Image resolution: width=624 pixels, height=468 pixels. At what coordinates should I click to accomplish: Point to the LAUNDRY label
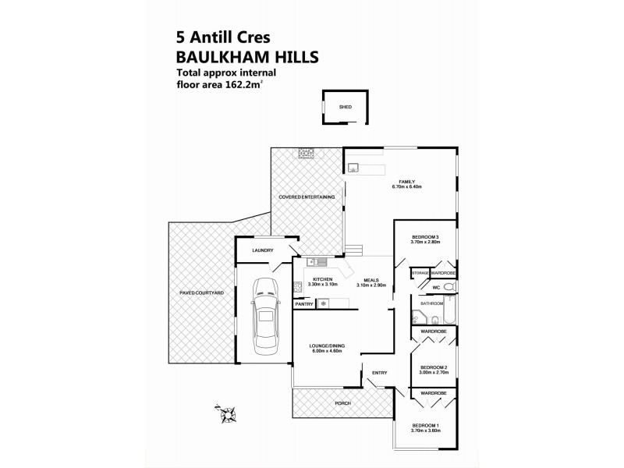[x=262, y=250]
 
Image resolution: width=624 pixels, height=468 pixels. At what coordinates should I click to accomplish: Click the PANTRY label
[x=303, y=304]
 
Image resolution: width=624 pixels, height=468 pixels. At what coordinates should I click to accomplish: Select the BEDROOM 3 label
[x=426, y=237]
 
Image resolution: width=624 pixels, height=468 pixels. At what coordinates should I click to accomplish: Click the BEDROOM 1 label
[x=426, y=424]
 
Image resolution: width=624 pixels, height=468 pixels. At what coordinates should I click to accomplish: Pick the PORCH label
[x=342, y=403]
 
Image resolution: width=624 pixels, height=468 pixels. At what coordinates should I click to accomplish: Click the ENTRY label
[x=379, y=373]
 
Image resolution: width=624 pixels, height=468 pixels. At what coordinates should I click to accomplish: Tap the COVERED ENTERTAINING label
[x=308, y=197]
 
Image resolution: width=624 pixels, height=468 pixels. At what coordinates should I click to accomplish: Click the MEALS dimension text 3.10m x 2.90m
[x=371, y=285]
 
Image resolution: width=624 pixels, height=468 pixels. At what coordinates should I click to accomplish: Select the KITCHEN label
[x=322, y=279]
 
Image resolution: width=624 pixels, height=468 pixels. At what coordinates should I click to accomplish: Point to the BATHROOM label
[x=431, y=303]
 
